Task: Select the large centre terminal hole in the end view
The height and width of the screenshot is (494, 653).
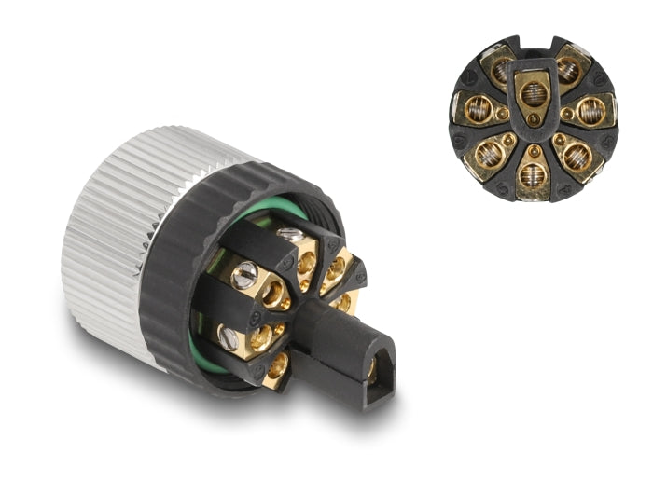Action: coord(534,93)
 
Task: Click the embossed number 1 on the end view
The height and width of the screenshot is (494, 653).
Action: coord(468,75)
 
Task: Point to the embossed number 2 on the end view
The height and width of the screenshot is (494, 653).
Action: coord(599,77)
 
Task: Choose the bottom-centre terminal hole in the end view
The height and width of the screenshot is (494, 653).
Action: coord(532,176)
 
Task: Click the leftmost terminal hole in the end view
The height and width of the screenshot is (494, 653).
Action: coord(479,110)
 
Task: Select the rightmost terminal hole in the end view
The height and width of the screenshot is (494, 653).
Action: coord(590,111)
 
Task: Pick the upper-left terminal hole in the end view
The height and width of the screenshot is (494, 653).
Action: coord(502,68)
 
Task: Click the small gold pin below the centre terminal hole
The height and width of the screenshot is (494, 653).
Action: coord(534,119)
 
